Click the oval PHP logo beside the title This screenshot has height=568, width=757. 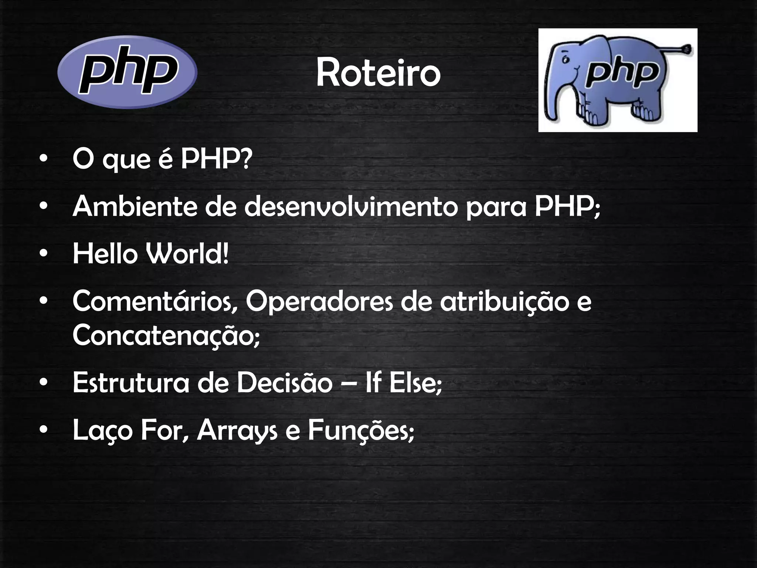coord(128,72)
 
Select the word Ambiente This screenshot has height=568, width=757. coord(135,206)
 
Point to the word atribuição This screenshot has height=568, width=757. coord(504,301)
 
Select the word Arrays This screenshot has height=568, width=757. coord(237,431)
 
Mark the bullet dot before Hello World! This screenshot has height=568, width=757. coord(44,254)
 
